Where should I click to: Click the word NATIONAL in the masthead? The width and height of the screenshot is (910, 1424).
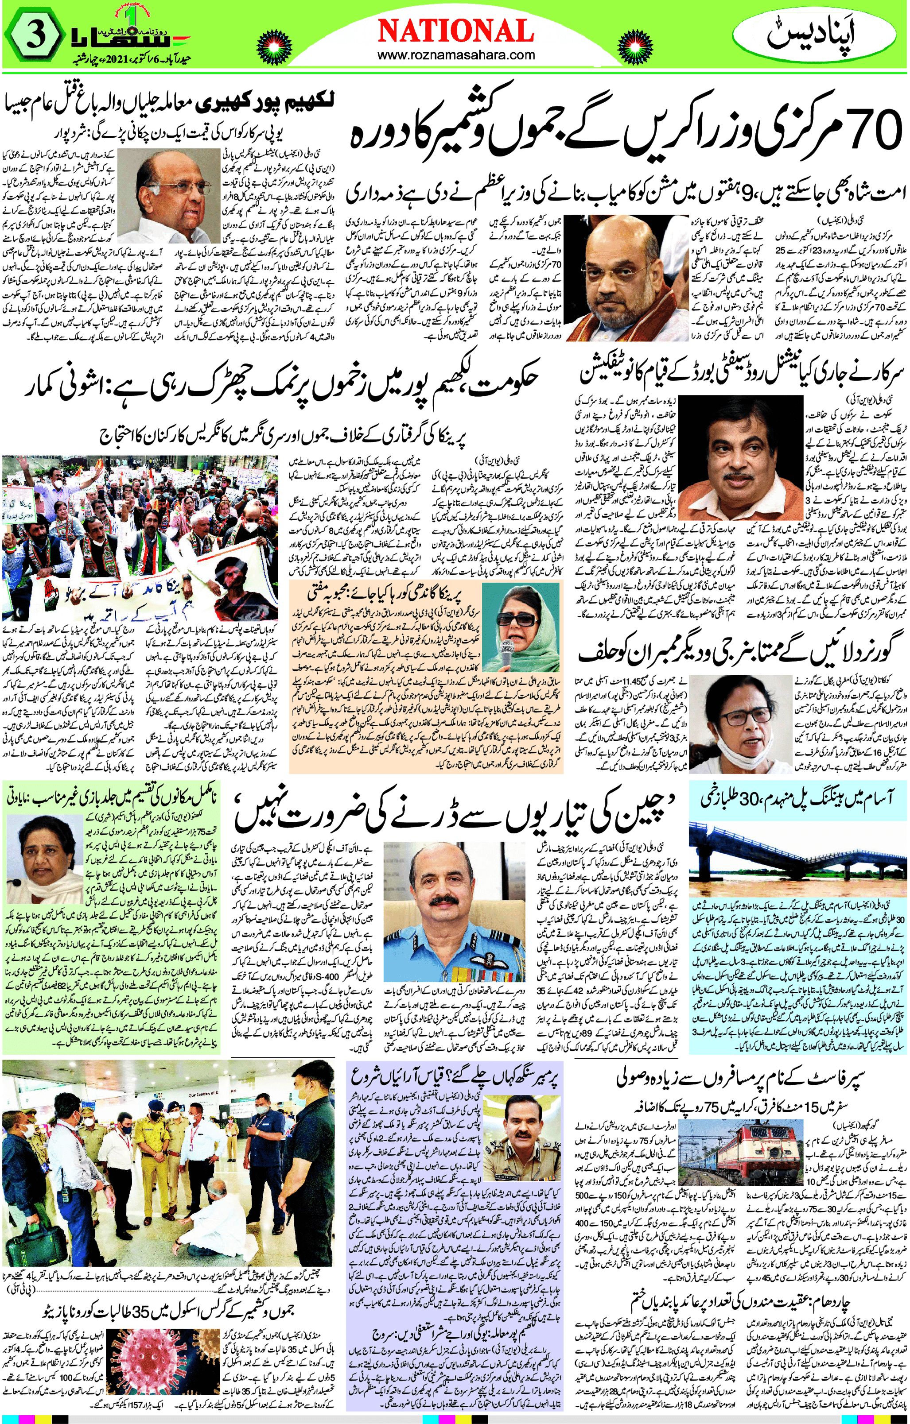click(455, 31)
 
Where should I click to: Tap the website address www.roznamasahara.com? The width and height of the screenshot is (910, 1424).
click(455, 56)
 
